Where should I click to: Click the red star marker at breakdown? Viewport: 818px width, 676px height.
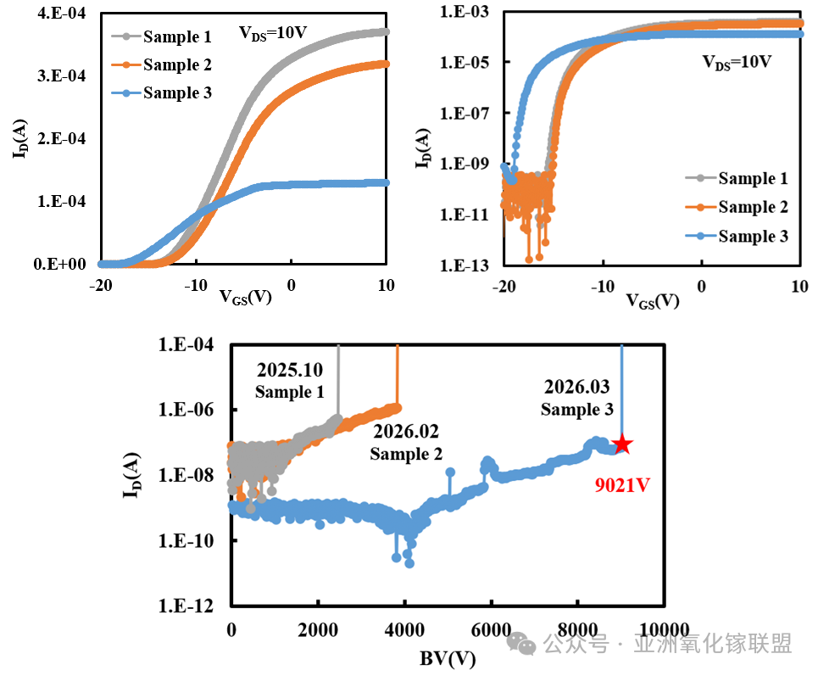click(623, 444)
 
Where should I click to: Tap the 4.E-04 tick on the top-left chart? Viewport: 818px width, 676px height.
click(58, 14)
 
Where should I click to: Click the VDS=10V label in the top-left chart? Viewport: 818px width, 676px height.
click(272, 34)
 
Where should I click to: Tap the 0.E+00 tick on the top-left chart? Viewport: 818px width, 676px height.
click(58, 264)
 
